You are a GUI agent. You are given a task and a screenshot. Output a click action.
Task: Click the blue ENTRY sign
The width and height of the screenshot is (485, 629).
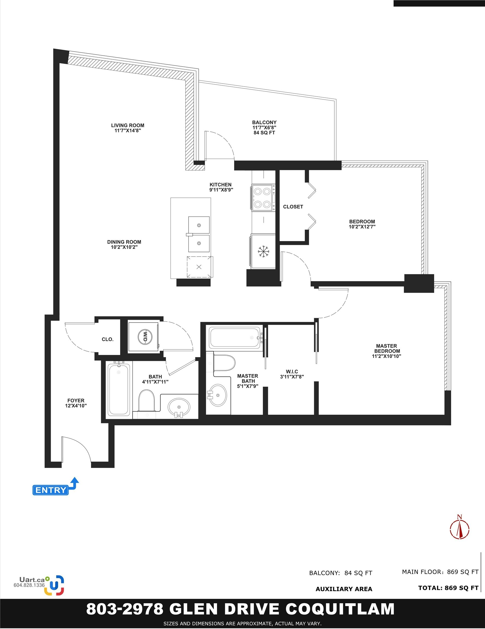tap(51, 490)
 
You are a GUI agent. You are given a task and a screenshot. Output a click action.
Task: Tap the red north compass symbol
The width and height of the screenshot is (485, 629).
tap(460, 527)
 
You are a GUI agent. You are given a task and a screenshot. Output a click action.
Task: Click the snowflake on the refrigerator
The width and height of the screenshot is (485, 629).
tap(263, 251)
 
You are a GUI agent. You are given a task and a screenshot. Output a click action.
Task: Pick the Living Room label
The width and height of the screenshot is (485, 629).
tap(127, 125)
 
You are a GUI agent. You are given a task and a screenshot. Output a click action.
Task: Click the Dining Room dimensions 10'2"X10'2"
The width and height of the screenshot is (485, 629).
tap(124, 247)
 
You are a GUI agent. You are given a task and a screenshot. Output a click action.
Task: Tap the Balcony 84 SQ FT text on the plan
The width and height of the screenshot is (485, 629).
tap(264, 133)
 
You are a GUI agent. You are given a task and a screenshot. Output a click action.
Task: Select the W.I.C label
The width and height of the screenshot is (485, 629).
tap(292, 372)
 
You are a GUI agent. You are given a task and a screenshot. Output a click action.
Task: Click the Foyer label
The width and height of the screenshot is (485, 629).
tap(76, 400)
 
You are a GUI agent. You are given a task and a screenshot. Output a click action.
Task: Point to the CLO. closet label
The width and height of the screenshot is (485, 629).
tap(108, 340)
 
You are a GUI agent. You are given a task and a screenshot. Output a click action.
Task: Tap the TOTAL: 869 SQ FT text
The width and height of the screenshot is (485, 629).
tap(448, 588)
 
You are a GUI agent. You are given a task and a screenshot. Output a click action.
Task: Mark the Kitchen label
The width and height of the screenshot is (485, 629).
tap(221, 185)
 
